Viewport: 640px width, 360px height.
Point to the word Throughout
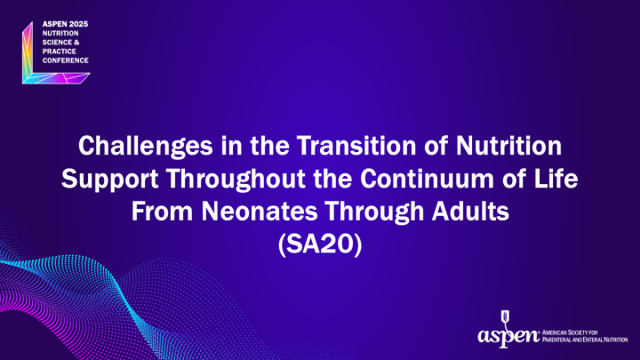229,176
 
